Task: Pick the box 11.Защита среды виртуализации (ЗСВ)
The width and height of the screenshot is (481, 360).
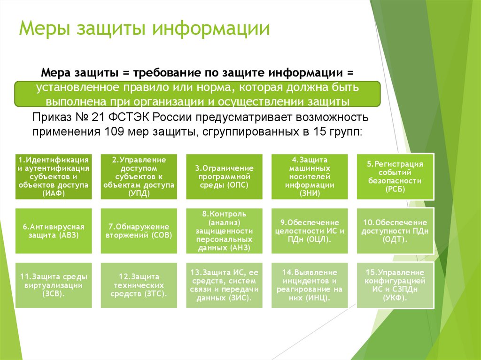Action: click(x=54, y=285)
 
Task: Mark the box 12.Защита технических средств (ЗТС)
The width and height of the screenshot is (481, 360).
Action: click(x=139, y=285)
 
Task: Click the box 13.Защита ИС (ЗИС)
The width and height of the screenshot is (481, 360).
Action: click(x=225, y=285)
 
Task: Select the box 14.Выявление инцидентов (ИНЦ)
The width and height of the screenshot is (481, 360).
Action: click(x=310, y=285)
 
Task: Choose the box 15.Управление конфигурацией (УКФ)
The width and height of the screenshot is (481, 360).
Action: click(x=395, y=285)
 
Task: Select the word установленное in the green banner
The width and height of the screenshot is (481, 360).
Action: click(x=78, y=88)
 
